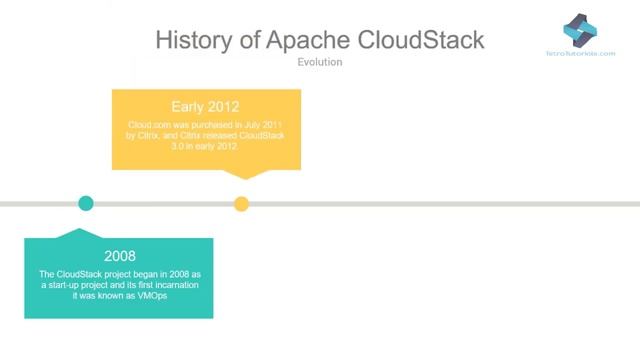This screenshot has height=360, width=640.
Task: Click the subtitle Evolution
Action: [x=320, y=62]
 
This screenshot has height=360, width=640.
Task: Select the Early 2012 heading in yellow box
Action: [x=205, y=107]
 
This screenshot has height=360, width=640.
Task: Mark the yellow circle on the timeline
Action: [x=241, y=204]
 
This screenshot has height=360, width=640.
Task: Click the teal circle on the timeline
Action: [x=86, y=204]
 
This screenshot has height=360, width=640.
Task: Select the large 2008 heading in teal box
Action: [x=119, y=256]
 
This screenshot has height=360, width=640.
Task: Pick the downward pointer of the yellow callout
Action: [x=241, y=174]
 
